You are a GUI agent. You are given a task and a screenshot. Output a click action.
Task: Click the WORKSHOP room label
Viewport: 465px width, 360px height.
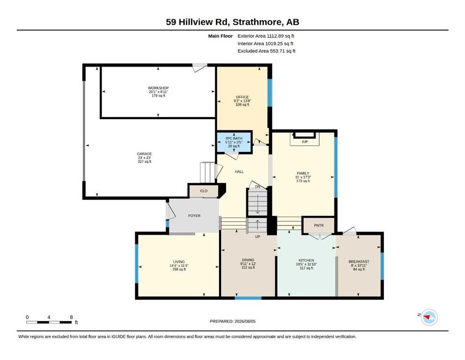158,88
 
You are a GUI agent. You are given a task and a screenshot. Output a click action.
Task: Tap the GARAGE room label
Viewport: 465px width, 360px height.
144,154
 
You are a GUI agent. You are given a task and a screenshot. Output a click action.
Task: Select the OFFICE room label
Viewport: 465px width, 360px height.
242,97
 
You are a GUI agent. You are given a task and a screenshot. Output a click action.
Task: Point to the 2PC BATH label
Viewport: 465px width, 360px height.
234,138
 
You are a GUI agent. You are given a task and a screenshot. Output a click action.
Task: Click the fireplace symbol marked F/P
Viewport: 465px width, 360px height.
304,139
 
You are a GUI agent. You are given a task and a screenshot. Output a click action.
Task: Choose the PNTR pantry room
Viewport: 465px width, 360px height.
318,225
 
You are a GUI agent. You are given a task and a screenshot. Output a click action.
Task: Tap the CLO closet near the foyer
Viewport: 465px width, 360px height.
204,191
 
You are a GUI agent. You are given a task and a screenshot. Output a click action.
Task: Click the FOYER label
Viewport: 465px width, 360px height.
194,216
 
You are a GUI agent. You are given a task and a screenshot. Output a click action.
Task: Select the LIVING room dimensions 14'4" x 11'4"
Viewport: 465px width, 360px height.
179,266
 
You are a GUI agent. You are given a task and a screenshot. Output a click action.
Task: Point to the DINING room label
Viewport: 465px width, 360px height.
248,260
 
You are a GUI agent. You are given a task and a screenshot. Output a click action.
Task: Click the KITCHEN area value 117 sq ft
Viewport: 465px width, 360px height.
306,268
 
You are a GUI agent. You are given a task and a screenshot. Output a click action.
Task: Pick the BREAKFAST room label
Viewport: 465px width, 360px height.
359,262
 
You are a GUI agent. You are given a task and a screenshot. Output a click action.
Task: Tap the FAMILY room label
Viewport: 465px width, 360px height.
303,173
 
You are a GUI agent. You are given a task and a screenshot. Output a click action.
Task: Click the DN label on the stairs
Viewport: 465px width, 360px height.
258,187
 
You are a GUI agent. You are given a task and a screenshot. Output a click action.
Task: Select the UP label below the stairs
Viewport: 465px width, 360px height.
258,237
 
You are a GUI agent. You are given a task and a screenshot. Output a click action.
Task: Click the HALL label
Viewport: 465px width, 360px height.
239,172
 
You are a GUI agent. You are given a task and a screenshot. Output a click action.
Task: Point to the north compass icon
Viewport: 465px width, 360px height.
429,317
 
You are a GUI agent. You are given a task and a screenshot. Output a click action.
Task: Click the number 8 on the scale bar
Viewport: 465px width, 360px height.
72,317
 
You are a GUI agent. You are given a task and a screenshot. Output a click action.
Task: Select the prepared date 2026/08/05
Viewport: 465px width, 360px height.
245,321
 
